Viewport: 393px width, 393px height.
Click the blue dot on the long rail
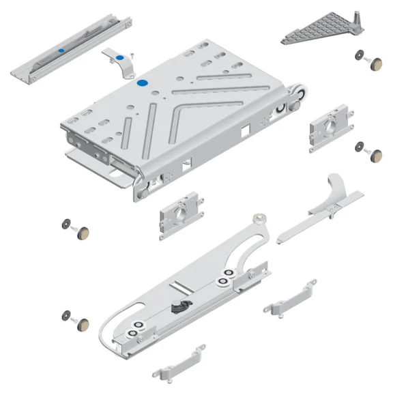61,51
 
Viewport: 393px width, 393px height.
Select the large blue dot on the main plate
143,82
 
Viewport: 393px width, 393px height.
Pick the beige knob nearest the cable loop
82,322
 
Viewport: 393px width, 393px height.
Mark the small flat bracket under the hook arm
291,297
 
